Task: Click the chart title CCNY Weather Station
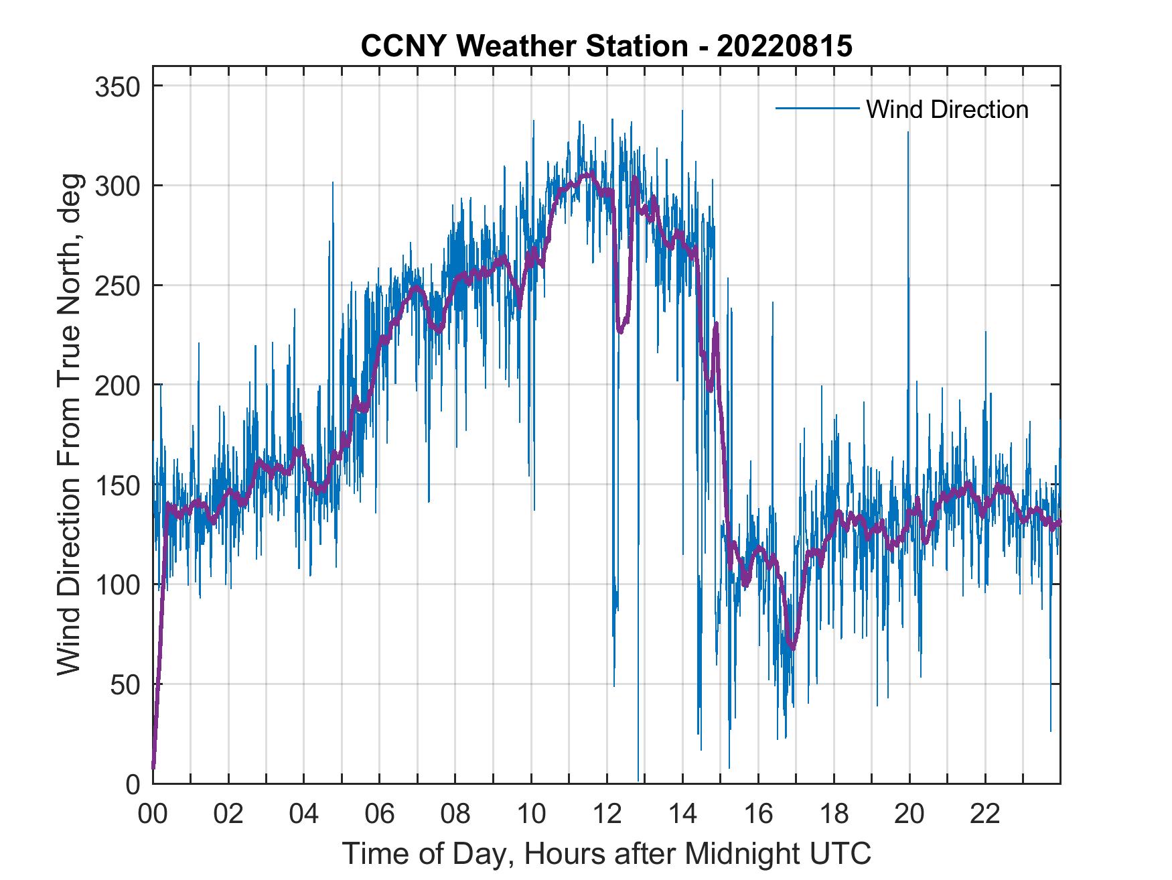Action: [606, 46]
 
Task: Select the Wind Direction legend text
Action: [947, 109]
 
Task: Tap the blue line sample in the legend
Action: [816, 109]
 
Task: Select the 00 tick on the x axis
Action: [153, 814]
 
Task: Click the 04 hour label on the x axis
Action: [304, 814]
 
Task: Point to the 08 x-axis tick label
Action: [455, 814]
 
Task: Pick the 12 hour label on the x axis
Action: [607, 814]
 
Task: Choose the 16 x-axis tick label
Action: [758, 814]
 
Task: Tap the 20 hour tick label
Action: [909, 814]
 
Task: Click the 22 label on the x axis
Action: [985, 814]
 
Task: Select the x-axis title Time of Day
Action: [606, 854]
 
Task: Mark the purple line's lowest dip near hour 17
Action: [793, 648]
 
